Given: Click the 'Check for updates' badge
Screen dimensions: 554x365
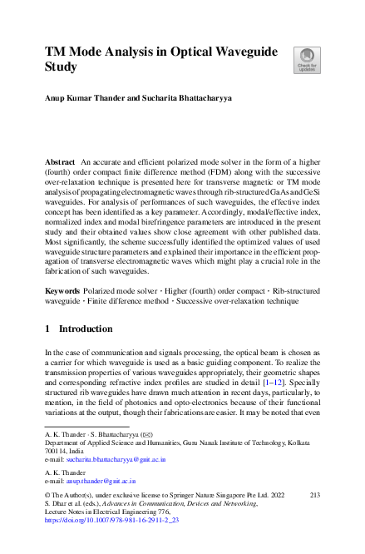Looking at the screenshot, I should point(305,59).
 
